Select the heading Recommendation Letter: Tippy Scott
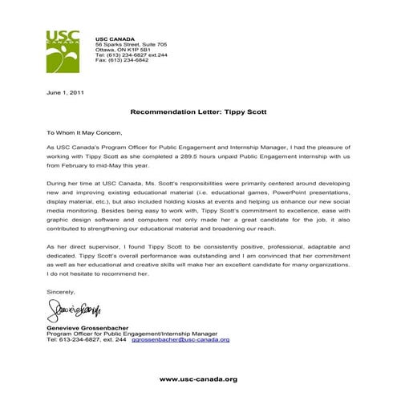198,112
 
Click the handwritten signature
74,308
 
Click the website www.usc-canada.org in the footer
198,379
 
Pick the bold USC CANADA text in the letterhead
114,38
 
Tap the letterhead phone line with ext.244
132,55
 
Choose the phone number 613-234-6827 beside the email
87,339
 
